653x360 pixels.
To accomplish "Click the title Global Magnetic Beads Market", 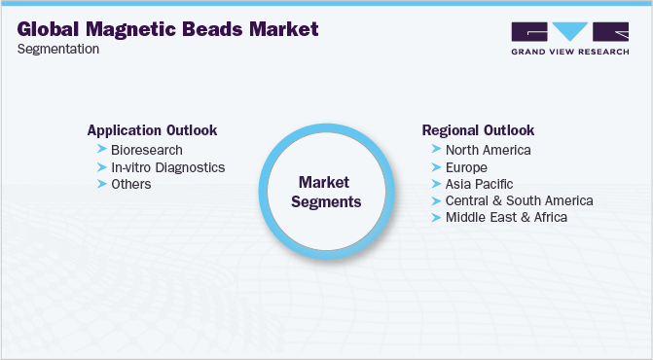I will pyautogui.click(x=168, y=29).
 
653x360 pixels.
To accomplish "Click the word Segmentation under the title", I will pyautogui.click(x=58, y=50).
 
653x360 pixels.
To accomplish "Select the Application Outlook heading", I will pyautogui.click(x=152, y=130).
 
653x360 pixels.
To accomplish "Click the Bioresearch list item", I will pyautogui.click(x=147, y=150).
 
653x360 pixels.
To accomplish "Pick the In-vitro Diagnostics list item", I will pyautogui.click(x=167, y=167).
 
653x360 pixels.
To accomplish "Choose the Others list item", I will pyautogui.click(x=131, y=184).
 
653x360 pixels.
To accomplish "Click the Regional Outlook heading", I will pyautogui.click(x=478, y=130).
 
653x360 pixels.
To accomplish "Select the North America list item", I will pyautogui.click(x=488, y=150).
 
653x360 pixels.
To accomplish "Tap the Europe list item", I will pyautogui.click(x=466, y=167).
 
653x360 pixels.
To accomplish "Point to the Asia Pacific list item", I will pyautogui.click(x=479, y=184).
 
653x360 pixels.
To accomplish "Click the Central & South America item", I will pyautogui.click(x=519, y=200).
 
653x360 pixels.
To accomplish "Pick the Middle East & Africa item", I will pyautogui.click(x=506, y=217).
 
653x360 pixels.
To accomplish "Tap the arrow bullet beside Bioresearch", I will pyautogui.click(x=102, y=150).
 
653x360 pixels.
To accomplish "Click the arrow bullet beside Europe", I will pyautogui.click(x=436, y=167).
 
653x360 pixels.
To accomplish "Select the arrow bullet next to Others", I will pyautogui.click(x=102, y=184).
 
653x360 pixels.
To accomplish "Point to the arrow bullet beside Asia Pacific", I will pyautogui.click(x=436, y=184).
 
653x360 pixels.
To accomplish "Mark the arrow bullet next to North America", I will pyautogui.click(x=436, y=150).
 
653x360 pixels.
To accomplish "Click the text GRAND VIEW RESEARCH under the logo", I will pyautogui.click(x=569, y=52).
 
